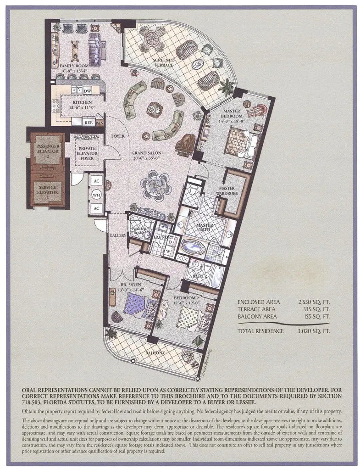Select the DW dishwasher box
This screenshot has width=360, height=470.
pos(87,91)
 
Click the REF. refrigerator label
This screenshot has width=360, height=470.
pos(89,123)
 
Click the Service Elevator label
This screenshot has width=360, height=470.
pos(47,190)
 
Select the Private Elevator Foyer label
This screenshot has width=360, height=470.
pos(87,153)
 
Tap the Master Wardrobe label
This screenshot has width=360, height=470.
pos(227,191)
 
